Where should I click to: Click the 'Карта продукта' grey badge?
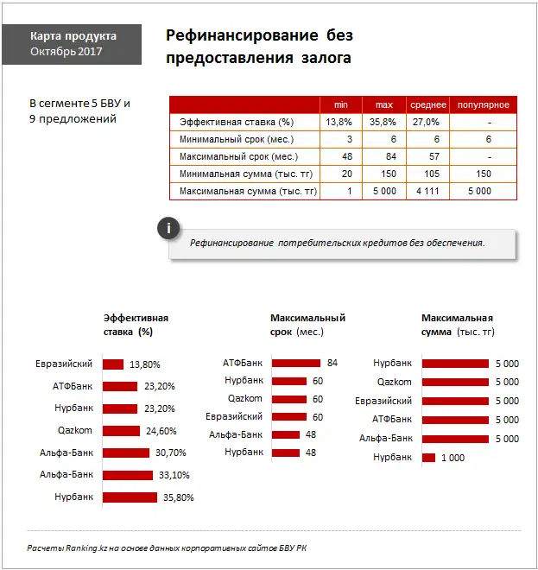(x=73, y=44)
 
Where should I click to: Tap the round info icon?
(x=169, y=228)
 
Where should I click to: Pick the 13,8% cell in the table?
(x=339, y=122)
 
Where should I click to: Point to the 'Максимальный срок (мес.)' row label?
(x=238, y=156)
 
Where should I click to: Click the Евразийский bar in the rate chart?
(x=113, y=364)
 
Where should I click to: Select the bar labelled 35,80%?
(x=130, y=497)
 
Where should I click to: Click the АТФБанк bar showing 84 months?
(x=296, y=363)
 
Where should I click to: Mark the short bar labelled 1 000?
(x=428, y=458)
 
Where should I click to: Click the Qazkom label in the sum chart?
(x=395, y=382)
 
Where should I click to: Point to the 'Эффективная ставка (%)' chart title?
(x=136, y=324)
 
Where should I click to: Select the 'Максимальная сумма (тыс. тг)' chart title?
(x=457, y=324)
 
